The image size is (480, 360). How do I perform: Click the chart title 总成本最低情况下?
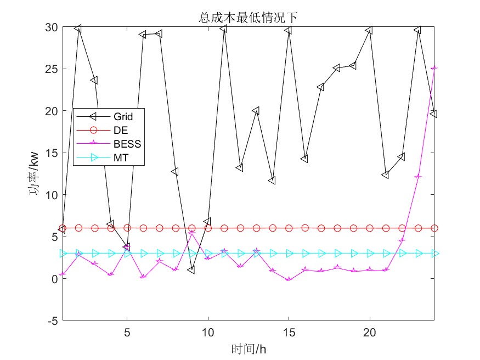click(x=248, y=18)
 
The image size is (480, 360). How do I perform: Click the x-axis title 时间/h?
click(x=248, y=348)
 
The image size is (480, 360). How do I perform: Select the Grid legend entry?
click(x=123, y=116)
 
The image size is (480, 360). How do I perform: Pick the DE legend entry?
click(x=120, y=131)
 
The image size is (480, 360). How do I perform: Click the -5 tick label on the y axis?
click(x=52, y=320)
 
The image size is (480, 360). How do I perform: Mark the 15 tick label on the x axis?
click(x=289, y=332)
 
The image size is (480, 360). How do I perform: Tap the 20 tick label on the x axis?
click(x=370, y=332)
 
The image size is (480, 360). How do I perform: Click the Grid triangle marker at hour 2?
click(x=78, y=28)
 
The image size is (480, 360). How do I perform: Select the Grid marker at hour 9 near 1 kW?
click(x=191, y=270)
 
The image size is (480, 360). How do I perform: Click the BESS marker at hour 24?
click(x=434, y=69)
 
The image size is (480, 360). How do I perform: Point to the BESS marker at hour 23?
click(x=418, y=177)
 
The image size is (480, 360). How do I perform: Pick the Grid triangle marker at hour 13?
click(x=256, y=110)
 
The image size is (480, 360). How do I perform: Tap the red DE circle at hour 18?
click(x=337, y=228)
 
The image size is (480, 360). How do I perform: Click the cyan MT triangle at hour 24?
click(x=434, y=254)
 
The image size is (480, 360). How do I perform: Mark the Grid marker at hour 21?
click(x=386, y=175)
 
